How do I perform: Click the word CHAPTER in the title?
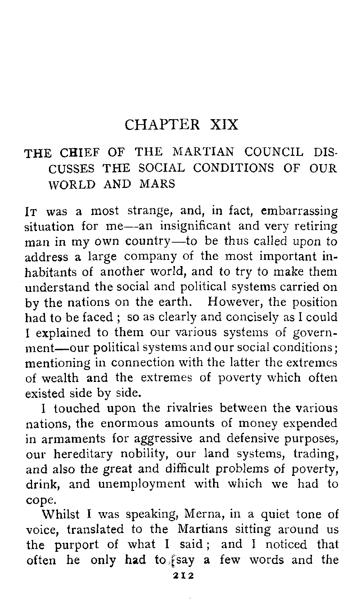click(x=162, y=125)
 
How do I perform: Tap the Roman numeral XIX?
click(x=224, y=125)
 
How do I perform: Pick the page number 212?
click(x=184, y=576)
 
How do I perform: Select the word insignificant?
click(x=195, y=226)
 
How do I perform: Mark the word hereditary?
click(x=83, y=454)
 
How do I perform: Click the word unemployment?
click(x=142, y=484)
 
